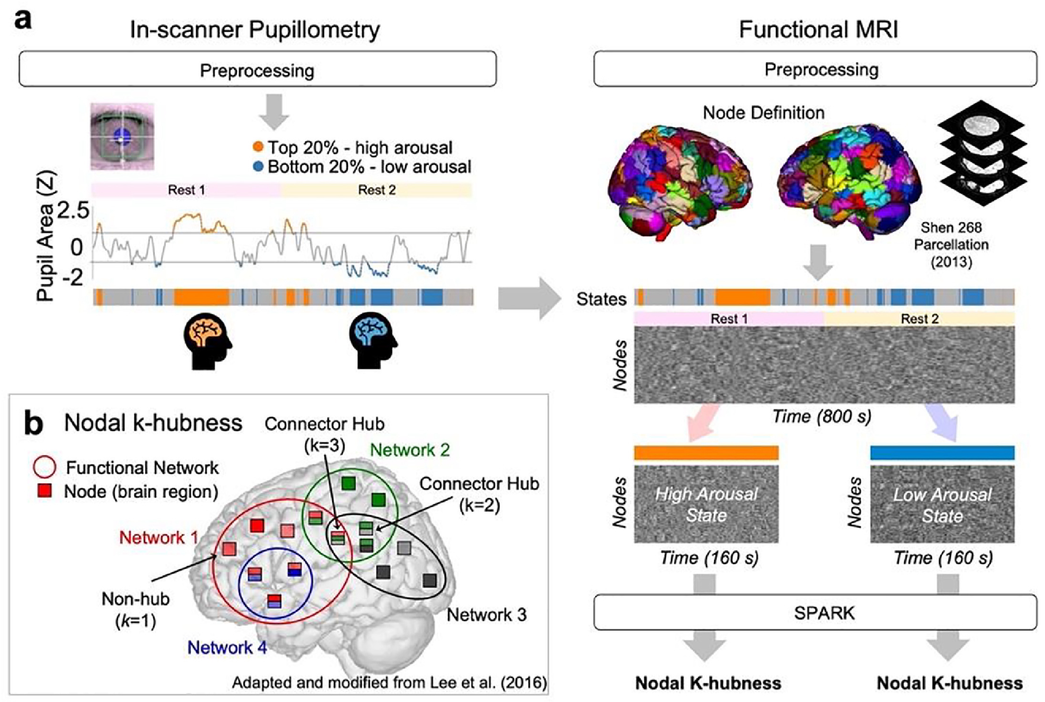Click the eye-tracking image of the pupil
pos(122,137)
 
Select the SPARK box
pos(815,612)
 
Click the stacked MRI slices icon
pos(980,152)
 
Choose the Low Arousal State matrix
pos(942,504)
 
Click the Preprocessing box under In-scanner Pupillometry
pos(257,69)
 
